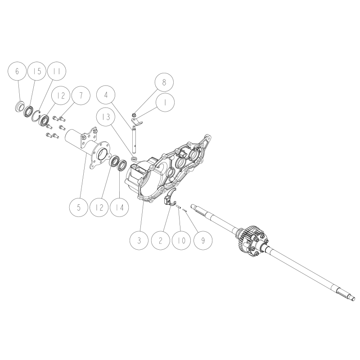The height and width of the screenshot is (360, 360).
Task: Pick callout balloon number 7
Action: (x=81, y=95)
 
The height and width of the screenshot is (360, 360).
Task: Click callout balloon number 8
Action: (x=164, y=82)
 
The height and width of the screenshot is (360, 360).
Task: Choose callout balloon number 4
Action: (x=106, y=95)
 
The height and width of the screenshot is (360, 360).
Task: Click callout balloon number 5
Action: (x=79, y=207)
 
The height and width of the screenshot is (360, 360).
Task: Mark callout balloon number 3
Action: (x=139, y=241)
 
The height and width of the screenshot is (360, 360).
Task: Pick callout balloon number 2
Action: (x=160, y=241)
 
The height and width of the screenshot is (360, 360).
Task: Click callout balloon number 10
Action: (x=181, y=241)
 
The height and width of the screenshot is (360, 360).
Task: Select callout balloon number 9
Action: (x=203, y=241)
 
